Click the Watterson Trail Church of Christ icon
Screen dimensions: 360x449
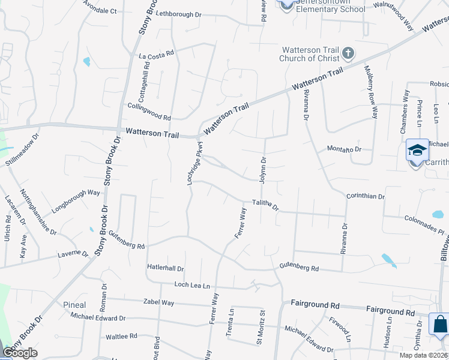(347, 54)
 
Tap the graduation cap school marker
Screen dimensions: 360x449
(417, 150)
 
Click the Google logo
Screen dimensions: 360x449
(20, 352)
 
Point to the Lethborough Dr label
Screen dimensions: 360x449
(179, 14)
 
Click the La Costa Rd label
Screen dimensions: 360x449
(156, 53)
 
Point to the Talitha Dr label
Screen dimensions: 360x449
(265, 205)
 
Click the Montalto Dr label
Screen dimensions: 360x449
(344, 149)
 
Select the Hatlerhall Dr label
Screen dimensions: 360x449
(165, 269)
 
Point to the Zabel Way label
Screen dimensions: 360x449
(158, 302)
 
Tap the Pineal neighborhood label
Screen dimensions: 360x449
(74, 305)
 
